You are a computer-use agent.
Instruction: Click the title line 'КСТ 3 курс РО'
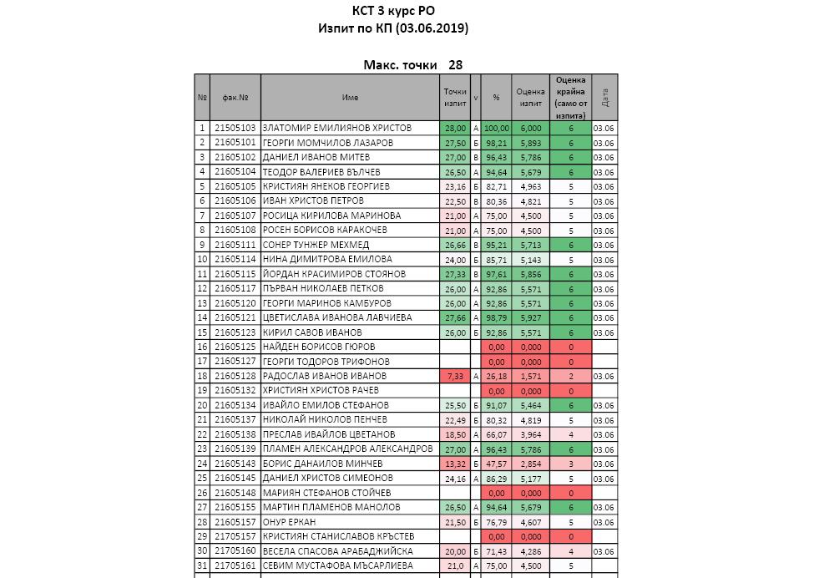click(393, 11)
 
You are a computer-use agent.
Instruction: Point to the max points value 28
click(455, 64)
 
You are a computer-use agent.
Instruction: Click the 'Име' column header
click(350, 98)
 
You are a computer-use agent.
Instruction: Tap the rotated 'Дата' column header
click(604, 98)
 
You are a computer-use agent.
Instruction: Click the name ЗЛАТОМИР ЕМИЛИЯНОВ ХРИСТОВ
click(336, 129)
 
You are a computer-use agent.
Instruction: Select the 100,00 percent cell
click(496, 129)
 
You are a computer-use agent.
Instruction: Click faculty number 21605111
click(235, 245)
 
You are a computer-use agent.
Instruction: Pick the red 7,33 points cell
click(455, 376)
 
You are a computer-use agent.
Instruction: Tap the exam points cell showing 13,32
click(455, 464)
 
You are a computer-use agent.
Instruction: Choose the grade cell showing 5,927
click(530, 317)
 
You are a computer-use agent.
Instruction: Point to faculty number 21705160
click(235, 550)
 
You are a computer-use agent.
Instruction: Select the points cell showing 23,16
click(455, 186)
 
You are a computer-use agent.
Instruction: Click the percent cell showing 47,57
click(496, 464)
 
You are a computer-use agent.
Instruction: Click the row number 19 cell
click(202, 390)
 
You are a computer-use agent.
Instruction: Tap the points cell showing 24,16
click(455, 478)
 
